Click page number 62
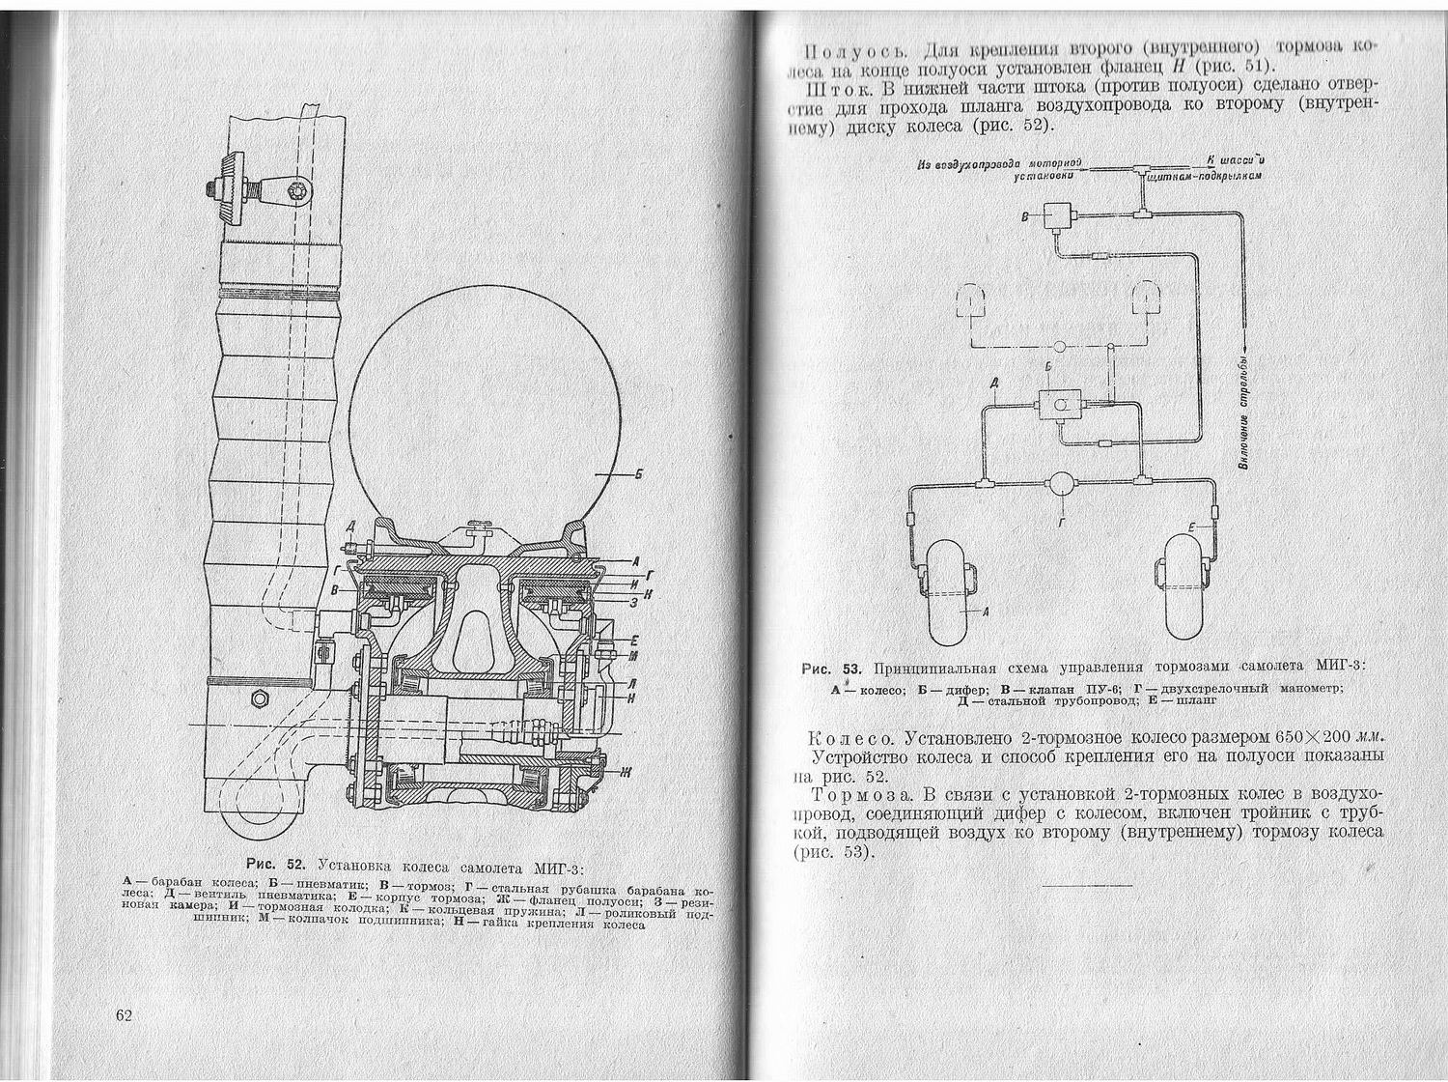(124, 1015)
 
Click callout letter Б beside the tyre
(638, 473)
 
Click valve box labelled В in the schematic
(1062, 216)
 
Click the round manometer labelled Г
(1064, 483)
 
